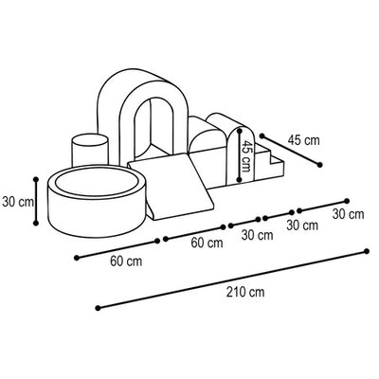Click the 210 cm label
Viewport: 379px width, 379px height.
click(x=245, y=292)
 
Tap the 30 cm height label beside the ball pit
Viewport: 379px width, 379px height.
click(x=18, y=202)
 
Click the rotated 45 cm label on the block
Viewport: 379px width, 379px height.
click(x=245, y=155)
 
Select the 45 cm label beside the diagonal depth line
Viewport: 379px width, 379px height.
click(x=303, y=140)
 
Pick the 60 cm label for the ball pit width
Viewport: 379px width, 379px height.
click(x=126, y=262)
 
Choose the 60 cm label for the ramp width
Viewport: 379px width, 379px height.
click(x=207, y=243)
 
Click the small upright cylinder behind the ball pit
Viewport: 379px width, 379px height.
click(x=90, y=150)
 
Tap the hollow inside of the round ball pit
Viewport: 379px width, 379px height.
click(x=97, y=184)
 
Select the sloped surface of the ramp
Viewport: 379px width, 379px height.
click(x=171, y=188)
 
